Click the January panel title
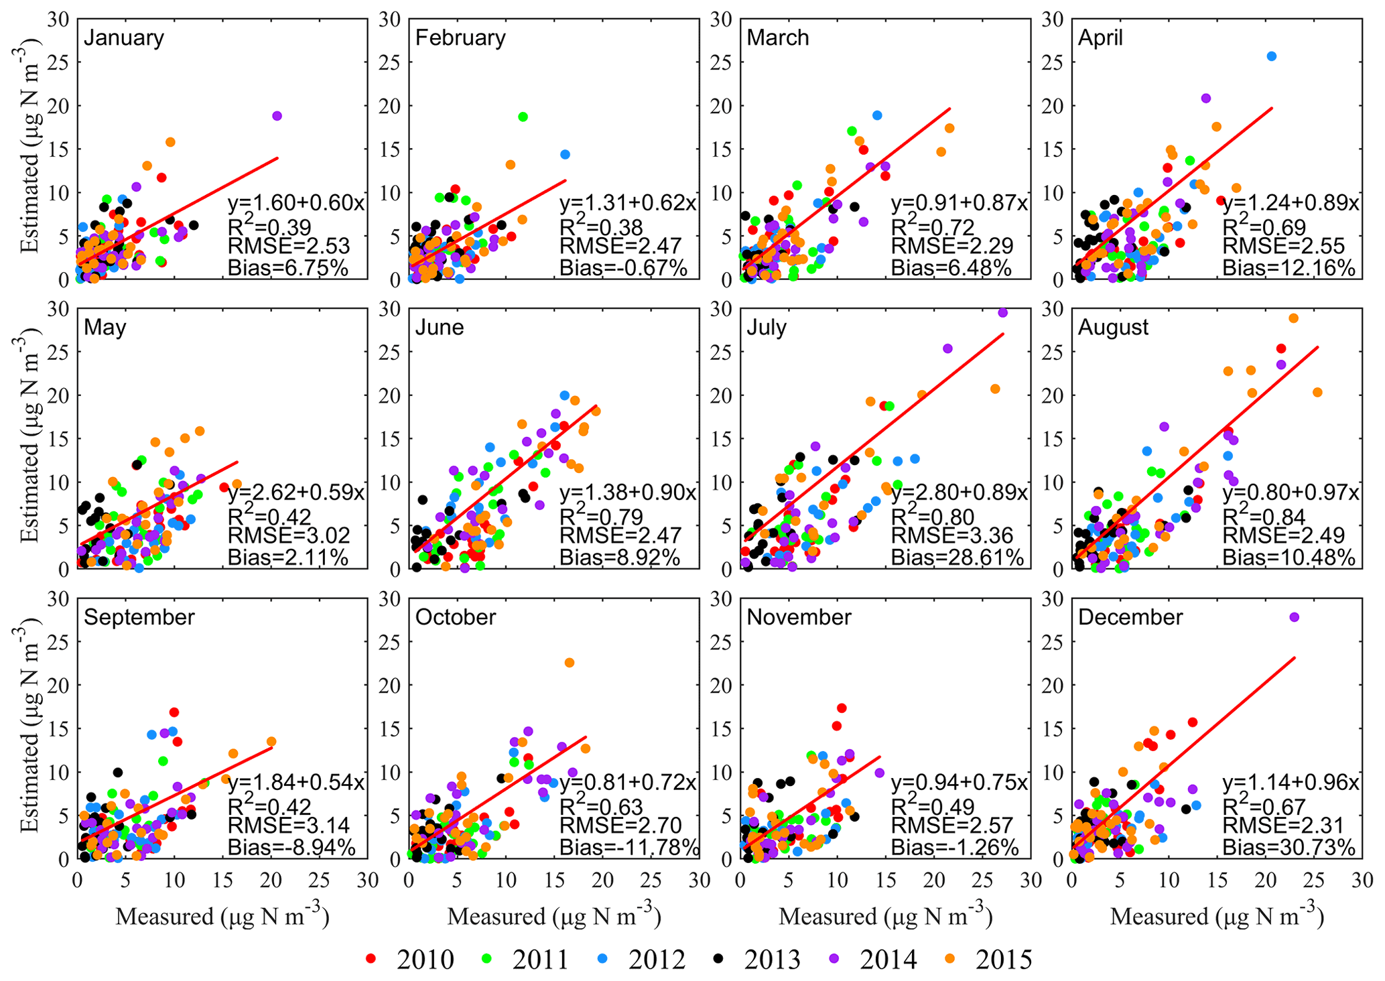(x=124, y=38)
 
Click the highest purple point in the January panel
(x=277, y=116)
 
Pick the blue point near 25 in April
(x=1271, y=56)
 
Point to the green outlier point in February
(x=523, y=117)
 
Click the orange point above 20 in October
(x=569, y=663)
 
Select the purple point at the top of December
(x=1294, y=617)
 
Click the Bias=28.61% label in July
(x=957, y=558)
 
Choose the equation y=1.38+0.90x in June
(x=627, y=493)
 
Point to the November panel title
(x=799, y=617)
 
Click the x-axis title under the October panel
(x=554, y=917)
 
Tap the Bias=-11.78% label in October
(x=629, y=848)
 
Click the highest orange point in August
(x=1293, y=318)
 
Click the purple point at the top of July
(x=1003, y=312)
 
